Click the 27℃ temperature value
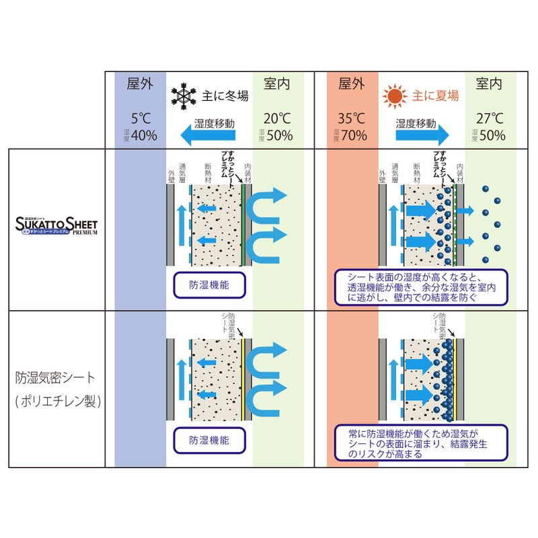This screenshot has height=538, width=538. (489, 116)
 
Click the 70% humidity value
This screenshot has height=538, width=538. (354, 135)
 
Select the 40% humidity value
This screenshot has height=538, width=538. (144, 135)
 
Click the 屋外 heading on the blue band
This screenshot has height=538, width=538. (141, 84)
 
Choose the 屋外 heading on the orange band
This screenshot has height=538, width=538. (352, 84)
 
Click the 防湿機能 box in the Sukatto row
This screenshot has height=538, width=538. (208, 285)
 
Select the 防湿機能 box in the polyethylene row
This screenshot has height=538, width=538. (208, 440)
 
